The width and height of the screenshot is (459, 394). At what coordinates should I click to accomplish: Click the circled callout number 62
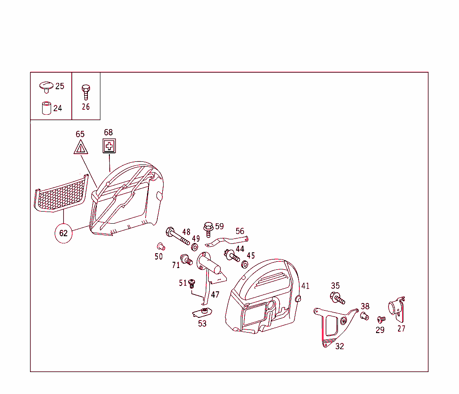click(64, 233)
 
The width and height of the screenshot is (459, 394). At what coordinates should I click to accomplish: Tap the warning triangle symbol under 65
click(81, 147)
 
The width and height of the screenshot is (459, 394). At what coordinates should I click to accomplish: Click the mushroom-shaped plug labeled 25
click(46, 86)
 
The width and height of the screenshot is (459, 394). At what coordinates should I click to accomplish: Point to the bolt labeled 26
click(86, 92)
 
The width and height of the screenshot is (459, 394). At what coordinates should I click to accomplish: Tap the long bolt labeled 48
click(178, 236)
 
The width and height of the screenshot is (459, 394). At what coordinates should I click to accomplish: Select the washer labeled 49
click(195, 247)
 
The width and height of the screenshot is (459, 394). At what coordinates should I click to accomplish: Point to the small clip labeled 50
click(160, 246)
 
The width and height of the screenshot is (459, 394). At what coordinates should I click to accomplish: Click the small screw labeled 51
click(192, 284)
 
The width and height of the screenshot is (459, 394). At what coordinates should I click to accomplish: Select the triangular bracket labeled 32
click(332, 325)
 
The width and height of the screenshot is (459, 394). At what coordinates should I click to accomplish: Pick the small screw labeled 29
click(381, 320)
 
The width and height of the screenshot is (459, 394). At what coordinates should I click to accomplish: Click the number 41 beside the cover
click(305, 286)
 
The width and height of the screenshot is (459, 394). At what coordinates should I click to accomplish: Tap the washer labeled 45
click(245, 264)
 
